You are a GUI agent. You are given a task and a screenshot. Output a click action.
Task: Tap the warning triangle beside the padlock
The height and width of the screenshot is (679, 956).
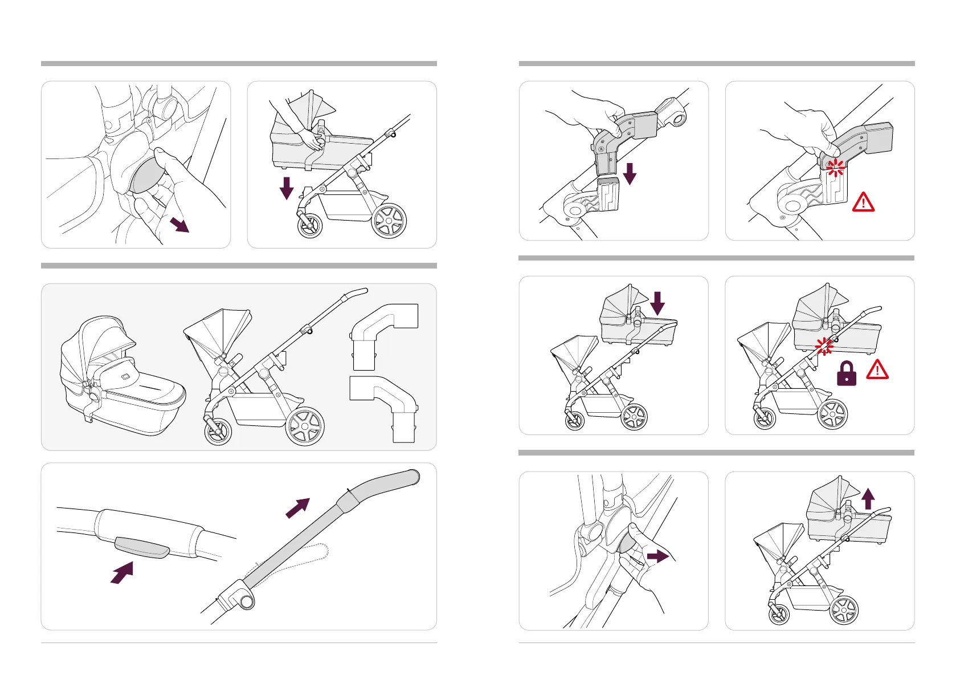(x=877, y=370)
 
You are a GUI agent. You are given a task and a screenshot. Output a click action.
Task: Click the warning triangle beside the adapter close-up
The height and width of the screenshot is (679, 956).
(x=863, y=202)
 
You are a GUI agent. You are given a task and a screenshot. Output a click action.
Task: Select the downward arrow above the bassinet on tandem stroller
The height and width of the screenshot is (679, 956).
(x=657, y=303)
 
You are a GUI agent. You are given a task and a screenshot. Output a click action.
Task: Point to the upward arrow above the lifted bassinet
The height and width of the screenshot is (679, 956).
(x=868, y=498)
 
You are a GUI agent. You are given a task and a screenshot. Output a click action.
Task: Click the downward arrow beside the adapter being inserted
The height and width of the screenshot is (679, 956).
(x=630, y=173)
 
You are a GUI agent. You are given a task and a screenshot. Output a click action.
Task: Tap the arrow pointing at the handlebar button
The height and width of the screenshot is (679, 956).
(x=122, y=572)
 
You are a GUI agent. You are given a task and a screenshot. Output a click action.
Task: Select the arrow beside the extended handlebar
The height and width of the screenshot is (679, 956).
(x=297, y=507)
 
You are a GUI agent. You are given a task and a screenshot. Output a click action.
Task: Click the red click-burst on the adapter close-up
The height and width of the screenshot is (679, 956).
(x=836, y=168)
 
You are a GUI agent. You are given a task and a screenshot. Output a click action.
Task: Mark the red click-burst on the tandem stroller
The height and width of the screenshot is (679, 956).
(x=824, y=346)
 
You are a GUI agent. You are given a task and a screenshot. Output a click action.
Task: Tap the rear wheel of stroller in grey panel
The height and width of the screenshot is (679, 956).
(x=305, y=426)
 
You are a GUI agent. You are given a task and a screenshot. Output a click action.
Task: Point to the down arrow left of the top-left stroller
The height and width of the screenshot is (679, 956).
(x=287, y=188)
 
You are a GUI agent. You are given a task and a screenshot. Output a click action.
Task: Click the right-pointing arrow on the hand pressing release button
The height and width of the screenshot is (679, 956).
(x=658, y=556)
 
